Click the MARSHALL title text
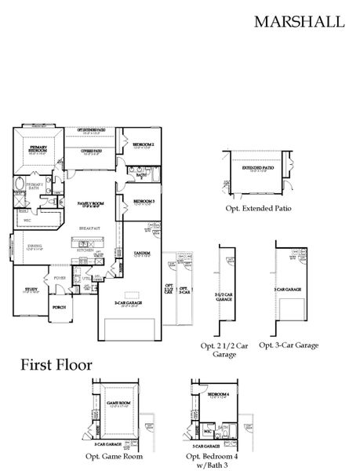(x=299, y=22)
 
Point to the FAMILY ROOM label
(x=91, y=203)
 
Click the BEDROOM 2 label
(x=143, y=144)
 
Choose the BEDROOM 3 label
(x=143, y=201)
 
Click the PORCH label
(x=58, y=307)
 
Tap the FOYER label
(x=59, y=277)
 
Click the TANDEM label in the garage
(x=142, y=253)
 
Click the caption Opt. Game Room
(x=115, y=455)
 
